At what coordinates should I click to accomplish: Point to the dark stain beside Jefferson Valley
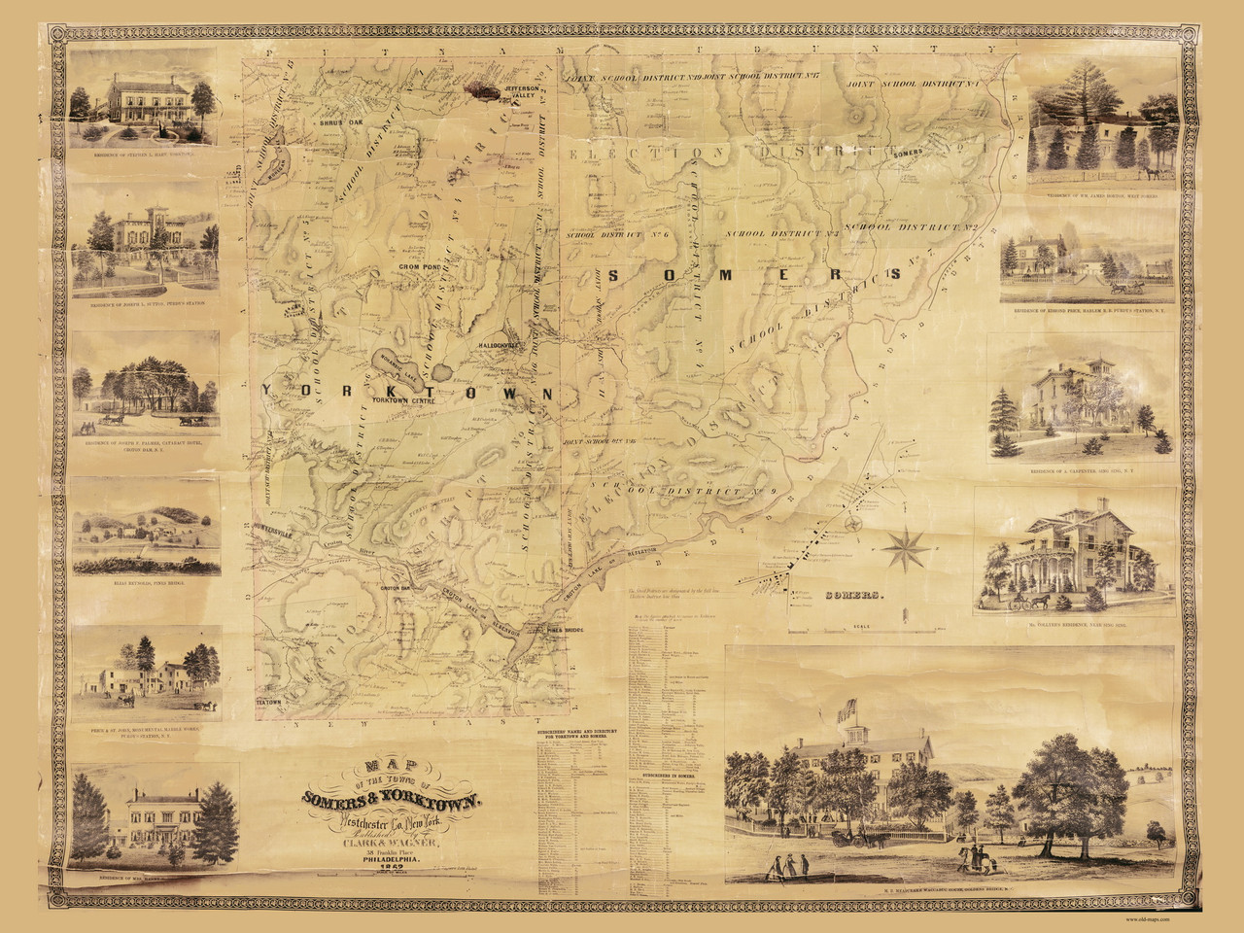[x=482, y=89]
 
